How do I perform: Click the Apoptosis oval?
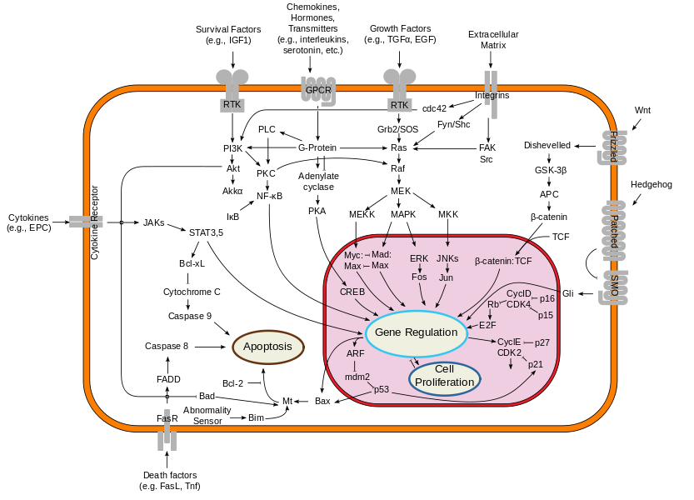(x=268, y=347)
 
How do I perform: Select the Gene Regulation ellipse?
(x=416, y=333)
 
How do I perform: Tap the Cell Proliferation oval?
(x=445, y=377)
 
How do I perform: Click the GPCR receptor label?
(x=318, y=90)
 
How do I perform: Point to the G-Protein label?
(x=317, y=147)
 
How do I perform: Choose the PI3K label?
(x=232, y=148)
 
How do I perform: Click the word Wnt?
(x=642, y=110)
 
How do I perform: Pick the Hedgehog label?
(x=651, y=185)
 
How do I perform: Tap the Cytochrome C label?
(x=192, y=292)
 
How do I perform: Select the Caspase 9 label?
(x=190, y=316)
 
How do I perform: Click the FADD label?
(x=168, y=379)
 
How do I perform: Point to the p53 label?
(x=382, y=390)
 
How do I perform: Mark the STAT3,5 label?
(x=207, y=233)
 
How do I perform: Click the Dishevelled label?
(x=547, y=145)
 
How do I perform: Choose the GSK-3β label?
(x=551, y=170)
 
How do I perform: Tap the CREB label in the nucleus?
(x=352, y=292)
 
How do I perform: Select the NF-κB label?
(x=270, y=196)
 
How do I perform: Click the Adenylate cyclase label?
(x=318, y=182)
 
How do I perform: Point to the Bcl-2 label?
(x=232, y=383)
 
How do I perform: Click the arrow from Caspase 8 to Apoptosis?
(x=210, y=347)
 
